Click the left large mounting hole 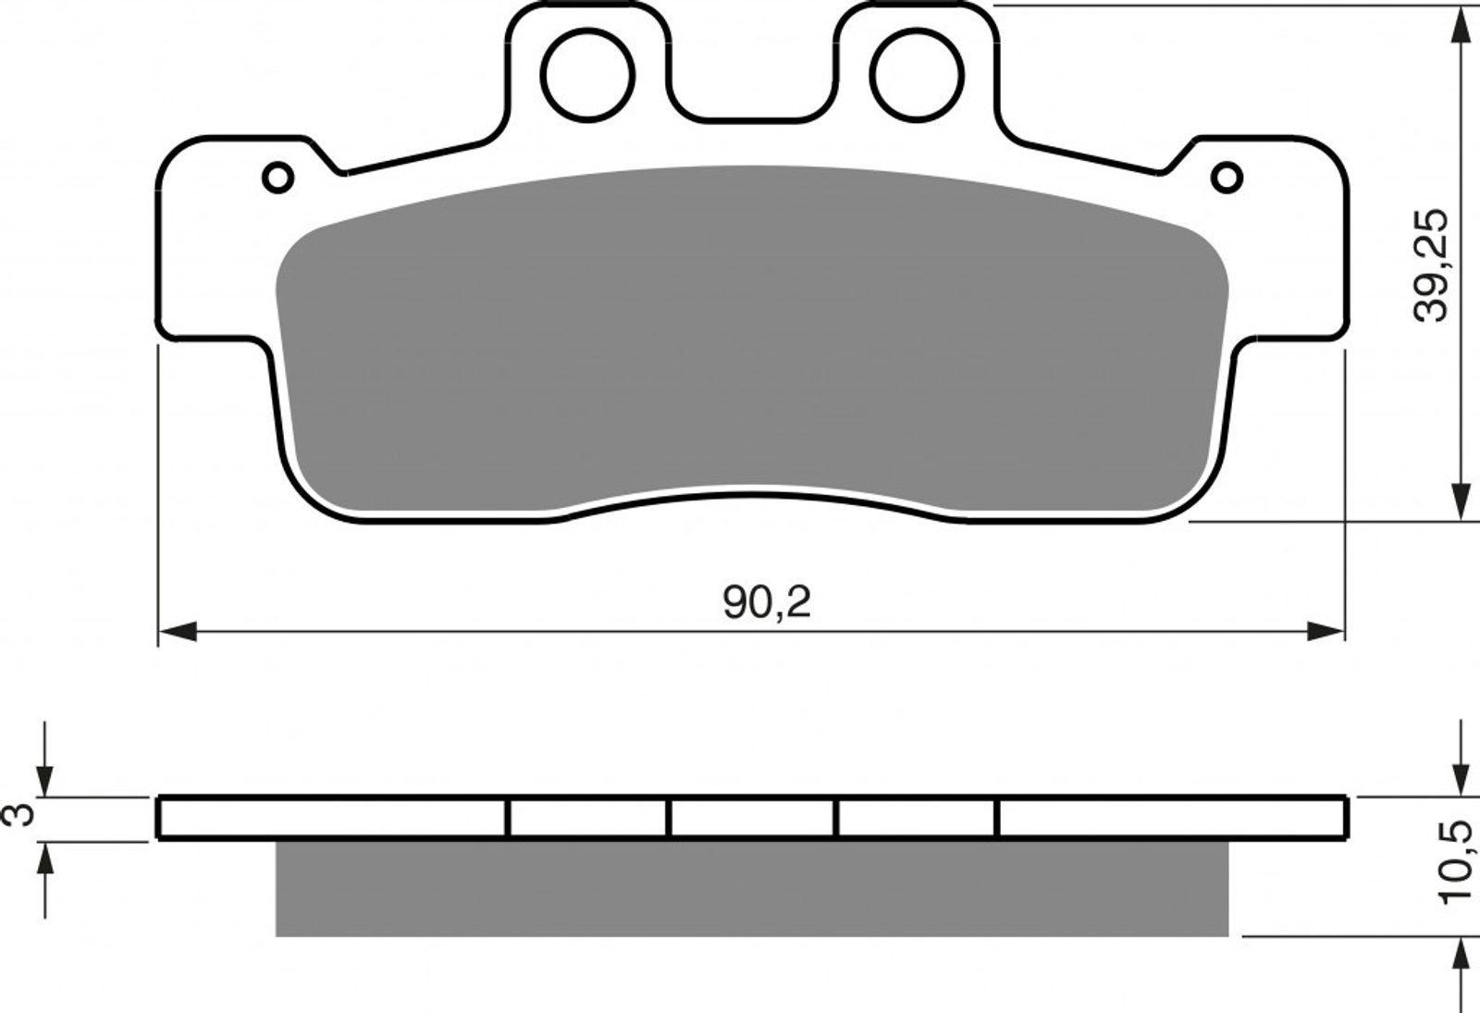coord(587,75)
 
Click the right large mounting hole coord(917,75)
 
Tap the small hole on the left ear coord(278,178)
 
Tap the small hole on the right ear coord(1227,178)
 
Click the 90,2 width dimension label coord(767,602)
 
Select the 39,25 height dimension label coord(1430,275)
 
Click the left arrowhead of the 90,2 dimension coord(178,631)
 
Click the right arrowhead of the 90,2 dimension coord(1326,631)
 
